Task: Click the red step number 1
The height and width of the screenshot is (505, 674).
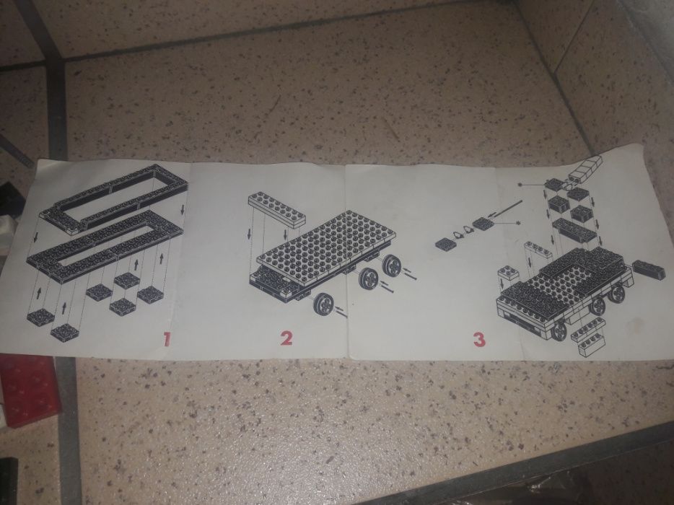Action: coord(167,338)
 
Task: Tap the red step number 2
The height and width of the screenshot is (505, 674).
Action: coord(287,338)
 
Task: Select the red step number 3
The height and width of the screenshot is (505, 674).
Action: coord(479,338)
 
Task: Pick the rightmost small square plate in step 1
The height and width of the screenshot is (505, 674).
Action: coord(150,294)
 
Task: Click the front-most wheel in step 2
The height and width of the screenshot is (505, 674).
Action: coord(323,306)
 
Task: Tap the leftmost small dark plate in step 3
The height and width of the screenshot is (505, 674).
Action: coord(445,244)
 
